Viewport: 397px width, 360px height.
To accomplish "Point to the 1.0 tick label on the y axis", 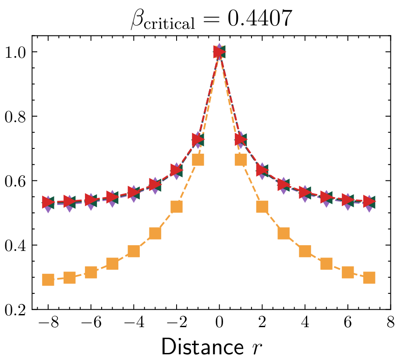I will tap(16, 52).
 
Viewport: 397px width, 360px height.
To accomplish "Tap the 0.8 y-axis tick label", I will tap(16, 116).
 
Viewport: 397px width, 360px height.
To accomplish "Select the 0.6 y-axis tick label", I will tap(16, 181).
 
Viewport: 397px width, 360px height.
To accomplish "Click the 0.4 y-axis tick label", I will tap(16, 245).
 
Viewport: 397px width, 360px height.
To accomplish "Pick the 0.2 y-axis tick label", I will tap(16, 310).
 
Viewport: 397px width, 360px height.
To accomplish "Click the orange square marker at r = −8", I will tap(48, 279).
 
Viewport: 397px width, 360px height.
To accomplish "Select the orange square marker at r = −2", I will tap(177, 207).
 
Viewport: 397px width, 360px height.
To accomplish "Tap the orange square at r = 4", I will tap(305, 251).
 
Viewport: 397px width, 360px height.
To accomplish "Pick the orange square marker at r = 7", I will tap(369, 278).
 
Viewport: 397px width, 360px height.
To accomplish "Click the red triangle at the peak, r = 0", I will tap(220, 52).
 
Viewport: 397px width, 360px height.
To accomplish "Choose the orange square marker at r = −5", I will tap(113, 264).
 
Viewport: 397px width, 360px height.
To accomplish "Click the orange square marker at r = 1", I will tap(241, 160).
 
